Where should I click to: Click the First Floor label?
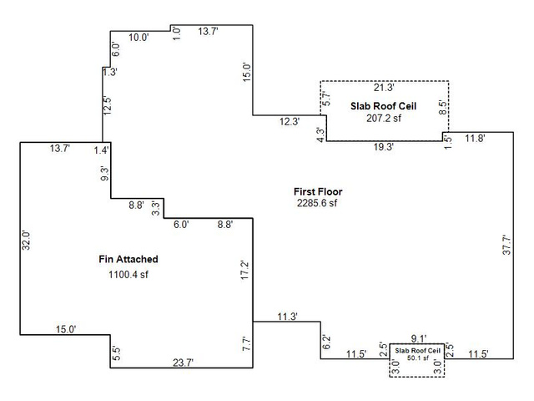point(318,191)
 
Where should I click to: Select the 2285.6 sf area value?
point(317,203)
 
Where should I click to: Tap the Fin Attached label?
point(128,259)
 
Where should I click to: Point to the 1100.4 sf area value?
point(128,275)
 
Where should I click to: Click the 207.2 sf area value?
point(384,118)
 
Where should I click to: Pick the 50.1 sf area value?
point(418,358)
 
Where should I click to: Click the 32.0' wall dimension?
point(26,240)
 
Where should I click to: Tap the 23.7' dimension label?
point(184,363)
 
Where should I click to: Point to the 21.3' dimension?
point(384,88)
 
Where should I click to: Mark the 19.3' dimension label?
point(384,147)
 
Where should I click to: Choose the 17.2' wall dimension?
point(245,271)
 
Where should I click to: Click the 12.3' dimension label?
point(290,121)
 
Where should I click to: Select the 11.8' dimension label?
point(475,138)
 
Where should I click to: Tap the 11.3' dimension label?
point(287,317)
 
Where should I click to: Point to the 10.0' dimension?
point(139,38)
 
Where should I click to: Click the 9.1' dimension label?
point(418,338)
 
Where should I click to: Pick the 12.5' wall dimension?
point(108,106)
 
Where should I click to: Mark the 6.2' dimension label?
point(326,343)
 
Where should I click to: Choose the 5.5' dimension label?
point(116,353)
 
